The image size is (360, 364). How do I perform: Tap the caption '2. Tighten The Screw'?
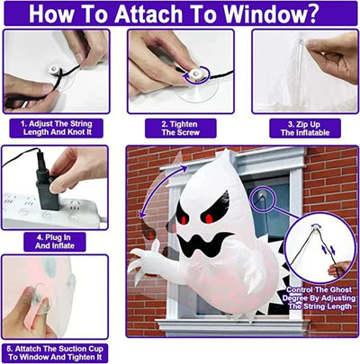[181, 129]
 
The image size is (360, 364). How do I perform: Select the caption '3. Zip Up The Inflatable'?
[301, 129]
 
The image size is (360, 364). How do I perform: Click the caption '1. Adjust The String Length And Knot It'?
[55, 129]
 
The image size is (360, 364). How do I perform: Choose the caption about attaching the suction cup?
[56, 350]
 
